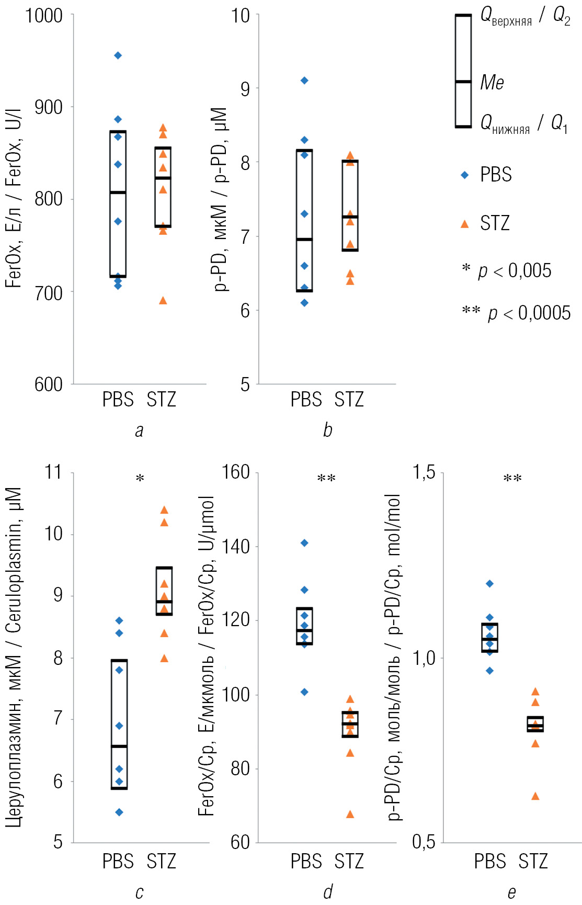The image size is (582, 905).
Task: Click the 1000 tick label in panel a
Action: tap(44, 16)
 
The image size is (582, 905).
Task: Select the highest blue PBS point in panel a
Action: tap(118, 55)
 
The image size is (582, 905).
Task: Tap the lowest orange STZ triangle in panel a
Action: tap(163, 300)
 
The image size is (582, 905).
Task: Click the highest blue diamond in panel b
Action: tap(304, 81)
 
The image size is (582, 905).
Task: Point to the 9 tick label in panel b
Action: tap(245, 89)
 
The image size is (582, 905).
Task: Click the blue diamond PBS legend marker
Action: tap(465, 175)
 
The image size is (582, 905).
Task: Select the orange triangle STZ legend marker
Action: tap(464, 224)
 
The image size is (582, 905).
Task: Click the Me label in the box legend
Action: tap(492, 83)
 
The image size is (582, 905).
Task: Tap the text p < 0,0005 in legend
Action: tap(529, 313)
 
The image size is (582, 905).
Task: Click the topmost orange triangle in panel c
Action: tap(164, 510)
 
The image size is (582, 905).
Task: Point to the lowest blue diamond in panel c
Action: tap(119, 812)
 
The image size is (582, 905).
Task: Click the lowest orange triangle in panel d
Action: tap(350, 814)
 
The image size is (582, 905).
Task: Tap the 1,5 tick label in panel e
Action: tap(424, 472)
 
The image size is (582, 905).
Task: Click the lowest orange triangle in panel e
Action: tap(535, 796)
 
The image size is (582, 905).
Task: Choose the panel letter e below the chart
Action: tap(511, 892)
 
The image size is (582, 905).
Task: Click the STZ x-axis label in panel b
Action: tap(349, 400)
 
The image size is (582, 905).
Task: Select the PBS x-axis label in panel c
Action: tap(118, 861)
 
